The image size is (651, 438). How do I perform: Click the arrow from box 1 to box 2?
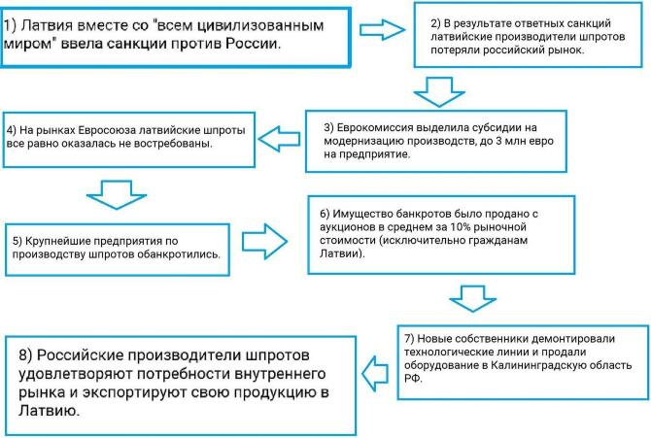point(382,30)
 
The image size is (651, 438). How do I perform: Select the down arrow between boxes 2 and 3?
point(439,92)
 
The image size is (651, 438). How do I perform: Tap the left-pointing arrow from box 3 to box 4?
point(279,139)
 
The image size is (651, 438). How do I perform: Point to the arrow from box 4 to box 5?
point(117,194)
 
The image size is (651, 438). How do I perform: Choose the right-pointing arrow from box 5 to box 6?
point(264,242)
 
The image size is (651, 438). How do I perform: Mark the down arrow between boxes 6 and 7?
point(472,298)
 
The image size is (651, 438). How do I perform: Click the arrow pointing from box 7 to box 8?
point(375,374)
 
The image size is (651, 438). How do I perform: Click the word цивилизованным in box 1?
point(260,26)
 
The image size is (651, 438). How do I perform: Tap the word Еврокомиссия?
point(376,127)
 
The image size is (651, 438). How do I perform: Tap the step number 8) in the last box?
point(25,355)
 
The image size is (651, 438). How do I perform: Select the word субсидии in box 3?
point(491,127)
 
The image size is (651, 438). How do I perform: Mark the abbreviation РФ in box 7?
point(412,378)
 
